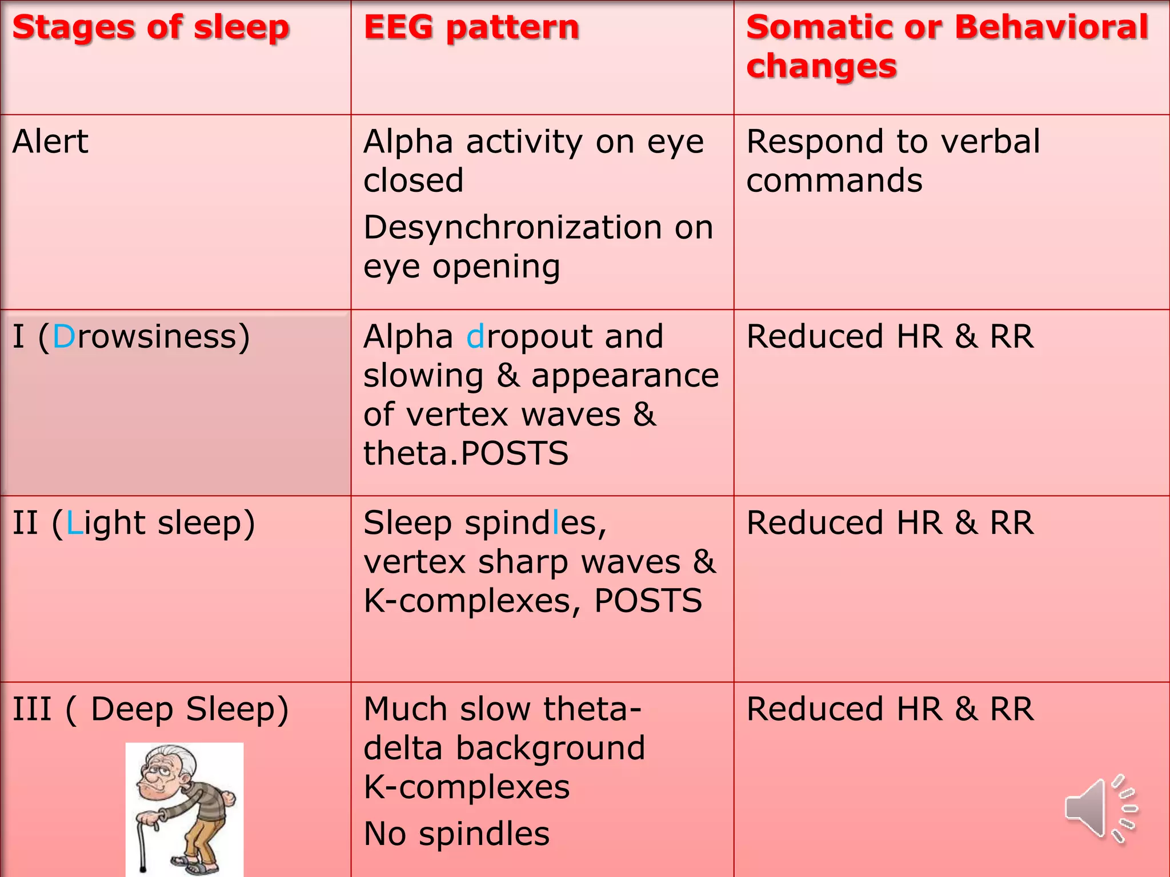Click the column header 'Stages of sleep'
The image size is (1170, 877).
(x=151, y=27)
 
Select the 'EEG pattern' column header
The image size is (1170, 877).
(x=471, y=27)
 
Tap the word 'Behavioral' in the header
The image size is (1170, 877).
(x=1051, y=27)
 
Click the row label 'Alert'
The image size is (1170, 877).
(x=50, y=142)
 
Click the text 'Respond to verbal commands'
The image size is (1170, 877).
(x=893, y=161)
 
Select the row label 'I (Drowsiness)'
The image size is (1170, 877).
(x=131, y=336)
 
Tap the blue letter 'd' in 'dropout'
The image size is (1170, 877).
(x=475, y=336)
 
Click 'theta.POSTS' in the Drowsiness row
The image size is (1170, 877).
(x=466, y=453)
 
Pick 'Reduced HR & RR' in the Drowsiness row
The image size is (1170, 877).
(x=890, y=336)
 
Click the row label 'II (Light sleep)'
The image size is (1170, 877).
(x=134, y=523)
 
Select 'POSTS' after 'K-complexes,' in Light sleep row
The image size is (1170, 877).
(x=648, y=601)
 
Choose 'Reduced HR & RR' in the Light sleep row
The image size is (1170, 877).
(x=890, y=523)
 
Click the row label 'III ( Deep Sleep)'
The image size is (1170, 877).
(x=151, y=709)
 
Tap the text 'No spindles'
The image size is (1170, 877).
(x=456, y=834)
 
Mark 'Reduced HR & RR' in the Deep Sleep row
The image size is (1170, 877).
(x=890, y=709)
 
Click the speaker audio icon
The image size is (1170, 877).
(x=1099, y=808)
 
